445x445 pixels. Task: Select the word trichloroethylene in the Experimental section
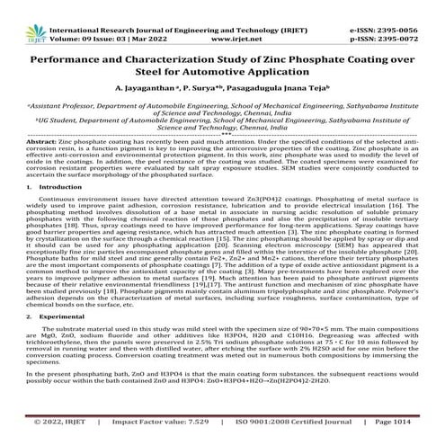[56, 350]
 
